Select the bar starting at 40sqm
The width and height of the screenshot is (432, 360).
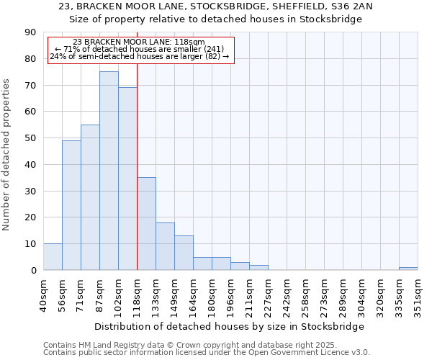click(53, 257)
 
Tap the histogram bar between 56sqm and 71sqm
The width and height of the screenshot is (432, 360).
click(71, 205)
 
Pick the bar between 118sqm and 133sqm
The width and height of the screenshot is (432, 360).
click(146, 223)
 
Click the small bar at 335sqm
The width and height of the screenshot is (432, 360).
click(408, 269)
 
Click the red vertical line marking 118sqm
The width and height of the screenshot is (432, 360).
click(137, 180)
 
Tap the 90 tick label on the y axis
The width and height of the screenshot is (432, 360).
click(30, 32)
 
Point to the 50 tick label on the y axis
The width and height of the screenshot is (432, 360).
click(30, 138)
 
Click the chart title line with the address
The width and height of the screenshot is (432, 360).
click(216, 6)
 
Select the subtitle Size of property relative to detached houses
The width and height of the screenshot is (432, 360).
click(216, 19)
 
